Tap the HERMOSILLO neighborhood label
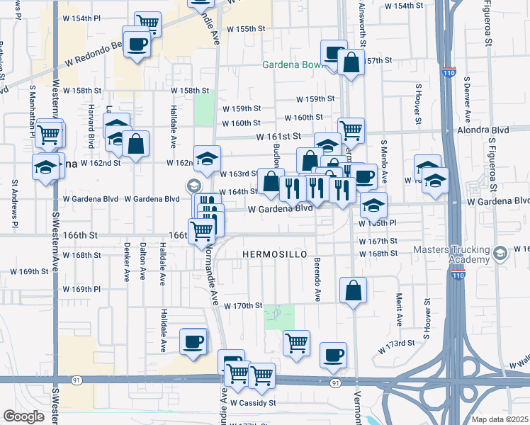pos(275,254)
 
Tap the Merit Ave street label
pos(400,310)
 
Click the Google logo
pos(23,416)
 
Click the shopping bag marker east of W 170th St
pos(353,290)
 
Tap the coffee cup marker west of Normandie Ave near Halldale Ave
pos(193,343)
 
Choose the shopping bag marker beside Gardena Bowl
pos(351,62)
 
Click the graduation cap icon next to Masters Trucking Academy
pos(500,253)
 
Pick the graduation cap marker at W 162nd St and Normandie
pos(208,159)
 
